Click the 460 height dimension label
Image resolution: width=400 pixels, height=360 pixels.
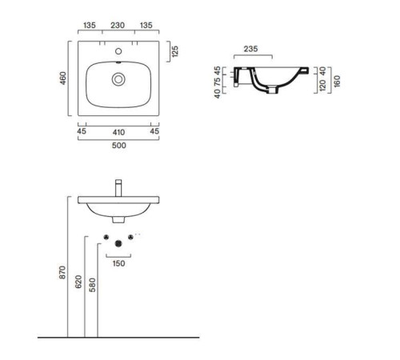(62, 78)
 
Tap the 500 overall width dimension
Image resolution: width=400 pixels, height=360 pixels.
(119, 146)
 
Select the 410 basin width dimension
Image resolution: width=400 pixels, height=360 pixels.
(118, 132)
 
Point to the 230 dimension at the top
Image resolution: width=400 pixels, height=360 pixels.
(118, 26)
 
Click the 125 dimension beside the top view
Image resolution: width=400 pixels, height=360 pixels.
(175, 51)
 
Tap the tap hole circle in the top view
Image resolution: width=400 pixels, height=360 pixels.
(118, 51)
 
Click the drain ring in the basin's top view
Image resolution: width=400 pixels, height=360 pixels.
(118, 79)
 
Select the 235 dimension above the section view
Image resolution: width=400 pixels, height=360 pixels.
(250, 49)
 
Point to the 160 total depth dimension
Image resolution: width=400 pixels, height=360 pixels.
(337, 81)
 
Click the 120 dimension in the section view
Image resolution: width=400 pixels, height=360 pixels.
(322, 85)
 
